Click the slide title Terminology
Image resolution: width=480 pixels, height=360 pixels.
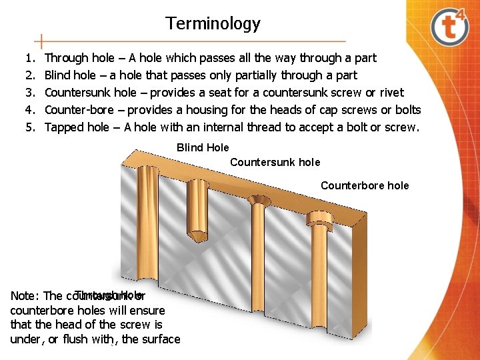point(213,24)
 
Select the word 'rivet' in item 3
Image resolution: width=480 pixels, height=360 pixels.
point(391,93)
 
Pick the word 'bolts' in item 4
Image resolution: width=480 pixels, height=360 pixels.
point(407,110)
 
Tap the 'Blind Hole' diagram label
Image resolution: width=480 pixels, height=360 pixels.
point(203,148)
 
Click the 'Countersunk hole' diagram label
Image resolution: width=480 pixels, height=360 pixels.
point(275,163)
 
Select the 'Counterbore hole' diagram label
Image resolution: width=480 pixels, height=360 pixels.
point(365,186)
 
